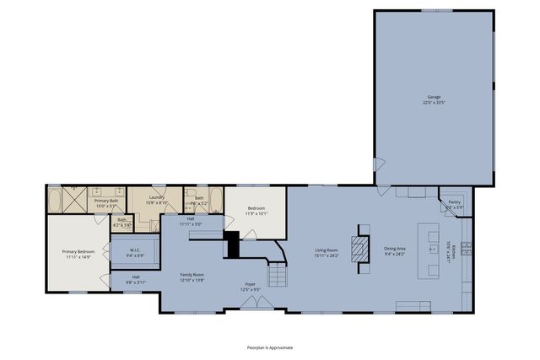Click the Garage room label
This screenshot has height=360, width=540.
click(x=433, y=99)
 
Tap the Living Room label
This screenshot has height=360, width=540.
click(x=327, y=252)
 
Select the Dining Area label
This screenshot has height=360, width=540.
click(x=395, y=252)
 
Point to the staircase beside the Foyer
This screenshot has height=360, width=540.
click(x=278, y=274)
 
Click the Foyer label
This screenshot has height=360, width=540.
click(x=251, y=287)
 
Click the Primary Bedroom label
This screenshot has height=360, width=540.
click(x=78, y=255)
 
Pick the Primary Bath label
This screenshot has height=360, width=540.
click(x=106, y=203)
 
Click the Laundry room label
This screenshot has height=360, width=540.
click(x=157, y=201)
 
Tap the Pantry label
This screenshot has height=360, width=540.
click(x=454, y=205)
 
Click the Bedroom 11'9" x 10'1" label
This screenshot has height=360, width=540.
click(x=256, y=211)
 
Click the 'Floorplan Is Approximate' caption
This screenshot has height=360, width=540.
click(x=270, y=347)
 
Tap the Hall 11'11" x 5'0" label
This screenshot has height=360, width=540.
click(x=190, y=223)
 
